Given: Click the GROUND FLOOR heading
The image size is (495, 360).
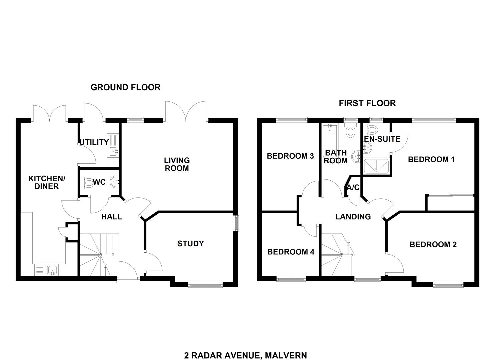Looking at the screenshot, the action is [126, 88].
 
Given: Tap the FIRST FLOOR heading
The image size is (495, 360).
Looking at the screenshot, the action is [367, 103].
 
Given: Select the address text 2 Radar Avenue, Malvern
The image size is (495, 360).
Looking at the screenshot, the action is [246, 343].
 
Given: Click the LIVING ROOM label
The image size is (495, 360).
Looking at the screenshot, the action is [177, 164].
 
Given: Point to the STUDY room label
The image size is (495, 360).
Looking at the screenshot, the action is [190, 244].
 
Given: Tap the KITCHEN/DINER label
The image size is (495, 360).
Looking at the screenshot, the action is [47, 182].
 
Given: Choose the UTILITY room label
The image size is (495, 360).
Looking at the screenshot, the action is [94, 142].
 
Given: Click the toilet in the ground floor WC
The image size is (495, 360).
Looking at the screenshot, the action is [87, 183].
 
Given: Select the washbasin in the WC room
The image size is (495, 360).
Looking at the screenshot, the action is [115, 182].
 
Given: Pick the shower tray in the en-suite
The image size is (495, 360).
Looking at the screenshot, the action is [376, 166].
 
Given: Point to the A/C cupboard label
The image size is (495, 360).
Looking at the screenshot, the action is [353, 188].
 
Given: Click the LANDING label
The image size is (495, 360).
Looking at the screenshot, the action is [353, 217].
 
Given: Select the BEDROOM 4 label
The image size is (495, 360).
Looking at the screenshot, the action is [291, 252].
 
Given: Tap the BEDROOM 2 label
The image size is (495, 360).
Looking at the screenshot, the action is [433, 244].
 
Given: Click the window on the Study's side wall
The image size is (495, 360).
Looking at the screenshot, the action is [236, 223].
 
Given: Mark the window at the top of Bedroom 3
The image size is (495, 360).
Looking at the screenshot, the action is [292, 120].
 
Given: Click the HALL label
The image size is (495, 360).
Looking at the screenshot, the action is [112, 217].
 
